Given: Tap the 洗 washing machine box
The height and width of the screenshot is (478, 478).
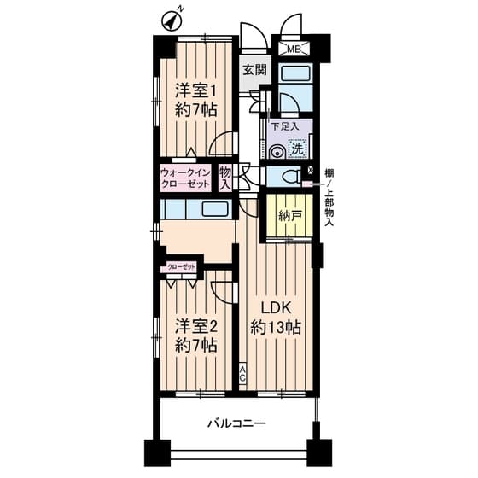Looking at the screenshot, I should [x=297, y=147].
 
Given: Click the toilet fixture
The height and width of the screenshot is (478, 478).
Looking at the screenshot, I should [x=290, y=178].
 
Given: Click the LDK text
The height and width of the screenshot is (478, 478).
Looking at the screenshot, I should [x=272, y=306].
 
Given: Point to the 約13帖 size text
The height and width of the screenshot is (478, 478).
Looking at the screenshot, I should [x=274, y=327].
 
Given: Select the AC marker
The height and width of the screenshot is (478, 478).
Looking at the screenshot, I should [x=242, y=372].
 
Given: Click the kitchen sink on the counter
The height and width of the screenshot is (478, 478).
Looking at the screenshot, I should [x=213, y=210].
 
